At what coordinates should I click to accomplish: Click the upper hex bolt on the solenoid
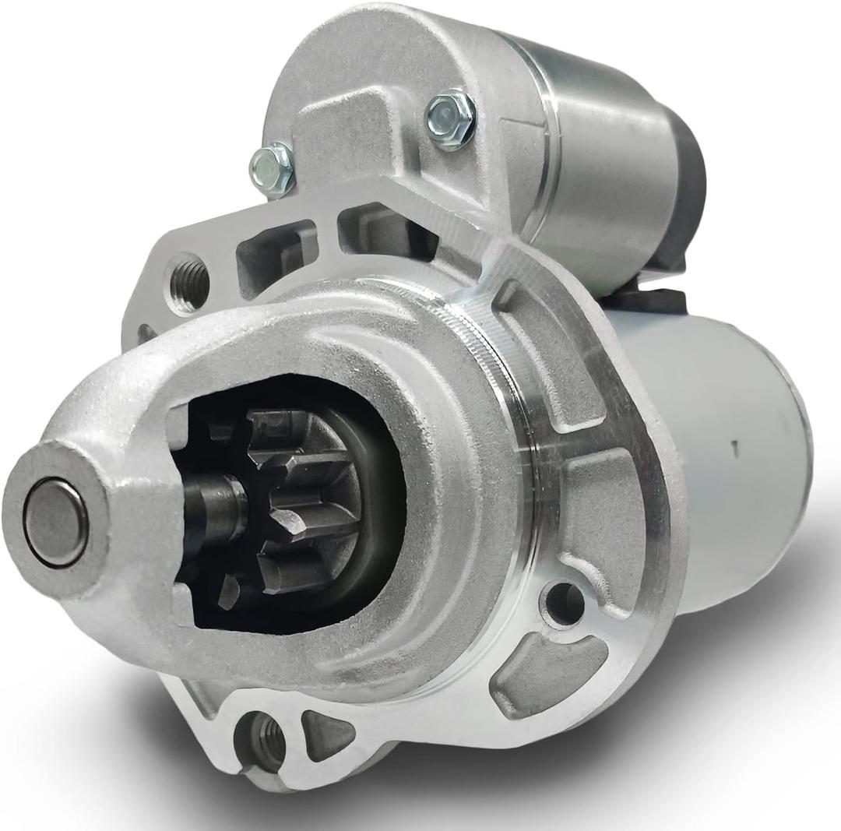click(450, 119)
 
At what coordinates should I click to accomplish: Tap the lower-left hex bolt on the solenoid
click(272, 168)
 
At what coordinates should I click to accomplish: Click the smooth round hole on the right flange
click(563, 604)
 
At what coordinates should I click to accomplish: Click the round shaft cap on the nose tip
click(55, 523)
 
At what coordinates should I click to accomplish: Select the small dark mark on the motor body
click(733, 447)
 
